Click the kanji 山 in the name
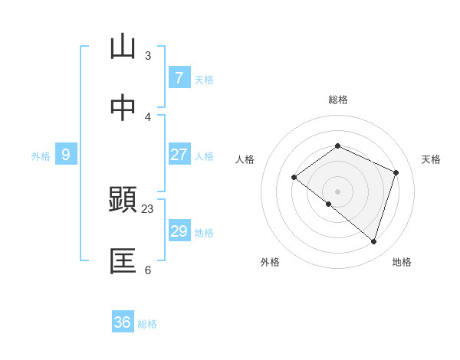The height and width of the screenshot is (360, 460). (122, 47)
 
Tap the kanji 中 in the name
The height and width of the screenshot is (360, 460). (122, 108)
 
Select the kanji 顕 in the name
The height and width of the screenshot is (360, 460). (122, 199)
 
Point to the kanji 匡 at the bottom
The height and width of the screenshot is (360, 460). (122, 261)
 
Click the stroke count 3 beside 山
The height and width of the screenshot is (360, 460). (148, 55)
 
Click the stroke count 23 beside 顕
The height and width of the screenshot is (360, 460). (148, 208)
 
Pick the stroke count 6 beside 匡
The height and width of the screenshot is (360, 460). (148, 270)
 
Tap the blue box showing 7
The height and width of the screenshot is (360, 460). (179, 78)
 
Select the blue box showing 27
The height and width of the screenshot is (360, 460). (179, 155)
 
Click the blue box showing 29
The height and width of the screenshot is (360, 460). (179, 231)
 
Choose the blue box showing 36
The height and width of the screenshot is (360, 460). (123, 322)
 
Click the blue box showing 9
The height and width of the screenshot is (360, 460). (66, 155)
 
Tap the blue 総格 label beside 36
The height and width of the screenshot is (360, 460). (147, 324)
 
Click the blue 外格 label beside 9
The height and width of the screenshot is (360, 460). (41, 156)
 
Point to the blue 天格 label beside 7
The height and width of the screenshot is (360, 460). (204, 80)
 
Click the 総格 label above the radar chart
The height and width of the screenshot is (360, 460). (337, 100)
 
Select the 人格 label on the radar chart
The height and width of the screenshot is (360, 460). (245, 159)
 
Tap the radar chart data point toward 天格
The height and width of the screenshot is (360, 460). (396, 172)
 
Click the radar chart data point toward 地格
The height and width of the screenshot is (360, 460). (373, 241)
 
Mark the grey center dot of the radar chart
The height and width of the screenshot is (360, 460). (337, 191)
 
